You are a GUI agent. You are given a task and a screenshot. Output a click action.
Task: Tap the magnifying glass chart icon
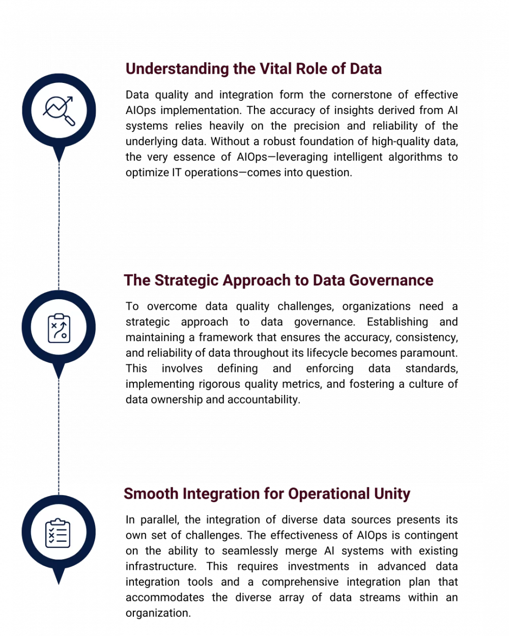click(59, 111)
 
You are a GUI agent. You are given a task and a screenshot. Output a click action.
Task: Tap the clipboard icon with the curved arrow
click(59, 328)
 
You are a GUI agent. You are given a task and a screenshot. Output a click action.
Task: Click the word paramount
click(429, 353)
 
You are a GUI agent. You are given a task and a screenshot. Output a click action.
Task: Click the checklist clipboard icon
click(58, 533)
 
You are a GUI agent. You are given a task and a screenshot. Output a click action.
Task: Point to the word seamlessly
click(250, 551)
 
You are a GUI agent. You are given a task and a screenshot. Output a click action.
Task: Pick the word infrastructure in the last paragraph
click(161, 566)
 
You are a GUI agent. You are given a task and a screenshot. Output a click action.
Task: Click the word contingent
click(429, 536)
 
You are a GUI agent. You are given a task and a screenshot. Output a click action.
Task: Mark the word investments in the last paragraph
click(318, 566)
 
